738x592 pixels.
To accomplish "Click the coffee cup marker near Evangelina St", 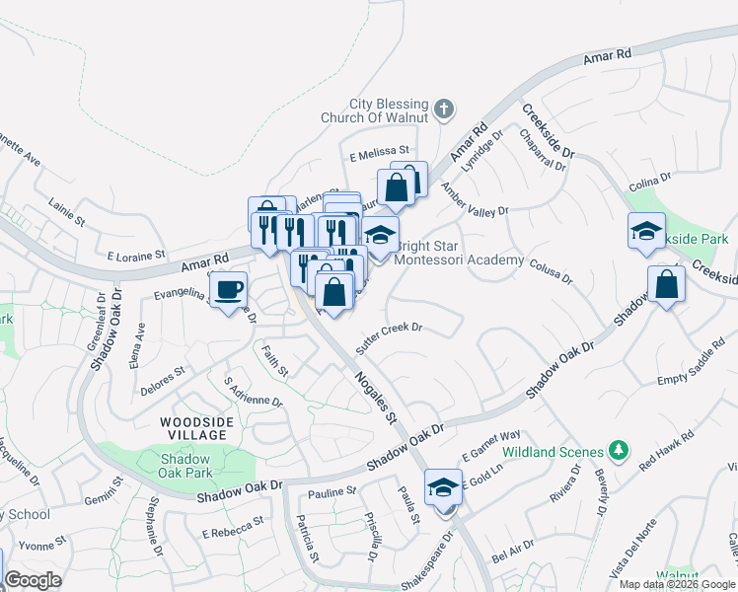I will (x=229, y=290).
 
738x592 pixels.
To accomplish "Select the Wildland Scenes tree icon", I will (x=619, y=451).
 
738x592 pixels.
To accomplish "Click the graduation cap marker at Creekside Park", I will (x=646, y=232).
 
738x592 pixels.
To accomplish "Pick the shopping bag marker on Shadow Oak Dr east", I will (x=667, y=284).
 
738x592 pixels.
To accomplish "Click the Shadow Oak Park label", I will (x=185, y=466).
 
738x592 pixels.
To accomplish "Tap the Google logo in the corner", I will (x=33, y=580).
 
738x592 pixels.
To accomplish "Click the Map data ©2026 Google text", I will (x=677, y=584).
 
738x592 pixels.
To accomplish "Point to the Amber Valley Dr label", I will (x=475, y=200).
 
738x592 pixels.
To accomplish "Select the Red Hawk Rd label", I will (x=667, y=449).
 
